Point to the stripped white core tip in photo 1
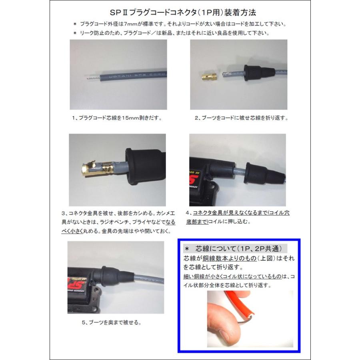(93, 78)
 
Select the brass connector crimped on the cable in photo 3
(98, 168)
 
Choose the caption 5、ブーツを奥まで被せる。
(112, 322)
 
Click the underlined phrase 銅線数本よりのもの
(230, 258)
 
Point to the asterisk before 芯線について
(187, 249)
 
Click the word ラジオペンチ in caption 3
(112, 222)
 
